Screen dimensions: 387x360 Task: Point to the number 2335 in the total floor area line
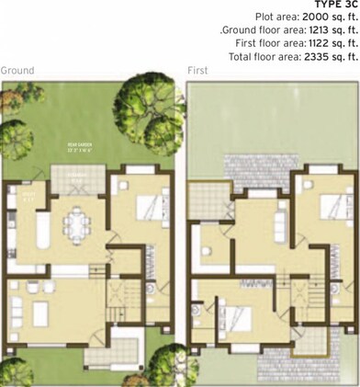point(303,59)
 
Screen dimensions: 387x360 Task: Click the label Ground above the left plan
point(17,71)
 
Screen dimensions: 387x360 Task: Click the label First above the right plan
point(197,71)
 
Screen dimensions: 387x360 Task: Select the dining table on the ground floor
point(74,217)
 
